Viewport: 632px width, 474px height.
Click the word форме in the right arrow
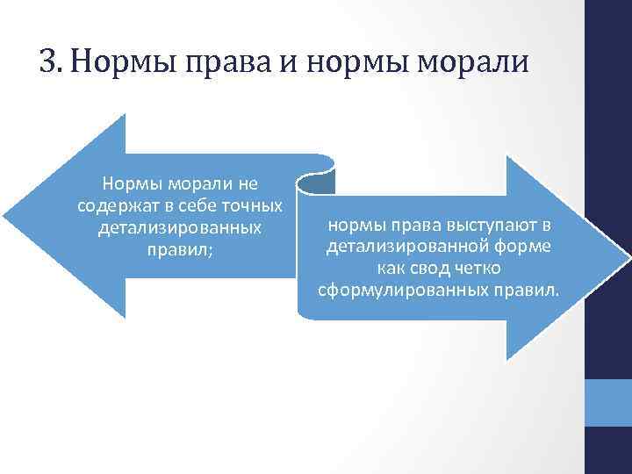(518, 248)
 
